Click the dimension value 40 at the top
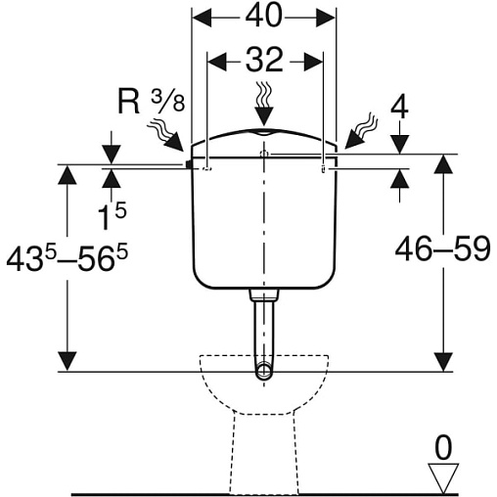click(x=263, y=17)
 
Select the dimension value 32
click(x=264, y=60)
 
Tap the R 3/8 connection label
click(x=151, y=102)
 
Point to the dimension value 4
click(x=399, y=108)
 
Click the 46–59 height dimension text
click(x=442, y=248)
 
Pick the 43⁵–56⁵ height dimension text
click(x=68, y=258)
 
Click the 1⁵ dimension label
click(x=112, y=215)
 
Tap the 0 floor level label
click(x=443, y=448)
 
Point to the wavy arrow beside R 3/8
click(x=165, y=135)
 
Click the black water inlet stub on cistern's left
click(x=189, y=164)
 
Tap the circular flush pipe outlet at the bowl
click(x=264, y=371)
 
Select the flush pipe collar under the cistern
click(x=264, y=294)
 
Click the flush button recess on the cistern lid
click(x=264, y=132)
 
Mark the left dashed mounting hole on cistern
click(x=207, y=168)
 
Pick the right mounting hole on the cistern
click(x=323, y=169)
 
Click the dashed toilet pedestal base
click(x=264, y=453)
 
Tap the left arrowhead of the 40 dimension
click(x=202, y=17)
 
